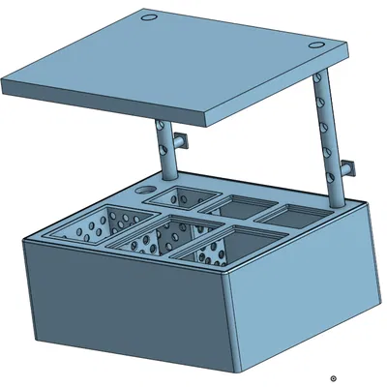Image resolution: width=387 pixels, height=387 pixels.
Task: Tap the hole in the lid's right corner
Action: (x=317, y=45)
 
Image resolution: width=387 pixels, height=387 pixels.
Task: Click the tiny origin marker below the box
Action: (x=333, y=378)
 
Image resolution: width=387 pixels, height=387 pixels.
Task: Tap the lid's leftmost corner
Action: (x=6, y=87)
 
